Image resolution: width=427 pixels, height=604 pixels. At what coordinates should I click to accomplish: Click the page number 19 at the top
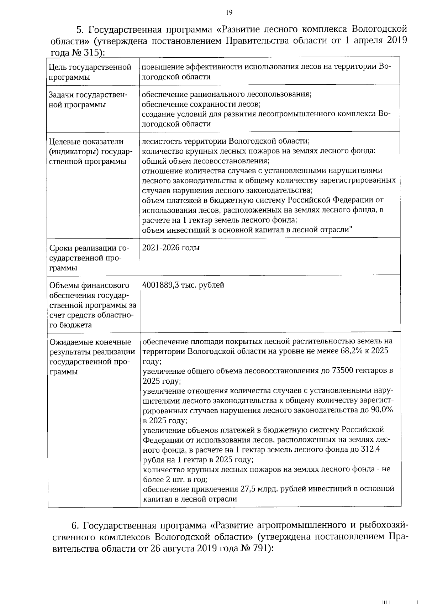[x=229, y=13]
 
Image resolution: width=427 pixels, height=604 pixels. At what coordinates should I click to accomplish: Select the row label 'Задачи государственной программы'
[x=88, y=100]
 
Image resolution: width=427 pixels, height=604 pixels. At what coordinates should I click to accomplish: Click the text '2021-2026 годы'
[x=171, y=248]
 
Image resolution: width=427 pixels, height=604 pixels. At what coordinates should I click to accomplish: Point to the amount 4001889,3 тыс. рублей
[x=183, y=285]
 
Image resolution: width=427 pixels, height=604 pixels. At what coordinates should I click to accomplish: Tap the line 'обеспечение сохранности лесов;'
[x=201, y=105]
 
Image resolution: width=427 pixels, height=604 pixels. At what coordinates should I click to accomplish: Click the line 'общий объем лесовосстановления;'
[x=206, y=161]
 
